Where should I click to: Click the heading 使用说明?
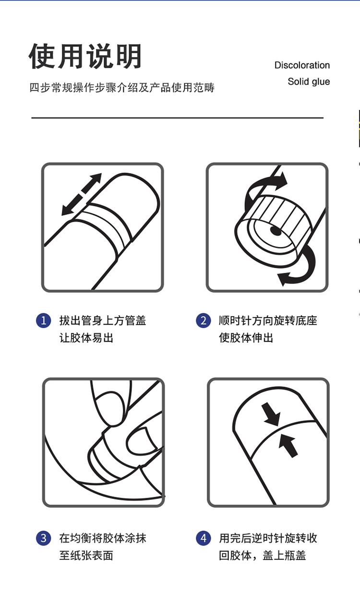(85, 56)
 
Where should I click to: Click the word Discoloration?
(302, 65)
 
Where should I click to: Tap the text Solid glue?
(309, 82)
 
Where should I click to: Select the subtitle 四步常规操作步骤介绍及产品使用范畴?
(122, 88)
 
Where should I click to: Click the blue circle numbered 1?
(43, 320)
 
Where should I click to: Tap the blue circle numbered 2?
(204, 320)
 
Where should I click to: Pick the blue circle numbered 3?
(43, 538)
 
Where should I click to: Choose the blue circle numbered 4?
(204, 538)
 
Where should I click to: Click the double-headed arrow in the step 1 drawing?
(81, 194)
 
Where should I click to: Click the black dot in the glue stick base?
(276, 231)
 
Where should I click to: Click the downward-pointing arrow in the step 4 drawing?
(271, 414)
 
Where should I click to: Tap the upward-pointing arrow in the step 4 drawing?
(288, 445)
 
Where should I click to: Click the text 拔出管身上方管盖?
(103, 320)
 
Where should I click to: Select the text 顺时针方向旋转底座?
(268, 320)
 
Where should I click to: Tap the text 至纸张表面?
(86, 555)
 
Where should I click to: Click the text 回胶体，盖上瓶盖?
(263, 555)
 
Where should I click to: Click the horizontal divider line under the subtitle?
(178, 118)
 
